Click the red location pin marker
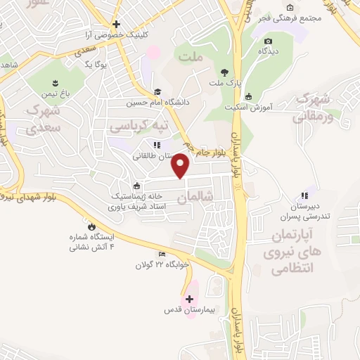click(x=181, y=165)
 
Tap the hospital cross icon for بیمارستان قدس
click(x=189, y=299)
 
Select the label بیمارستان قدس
click(x=189, y=309)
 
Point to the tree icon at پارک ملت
click(x=224, y=72)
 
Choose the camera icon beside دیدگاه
click(x=267, y=41)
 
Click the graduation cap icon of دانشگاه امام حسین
click(x=158, y=92)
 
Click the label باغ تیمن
click(x=57, y=94)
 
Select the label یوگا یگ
click(x=94, y=65)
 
